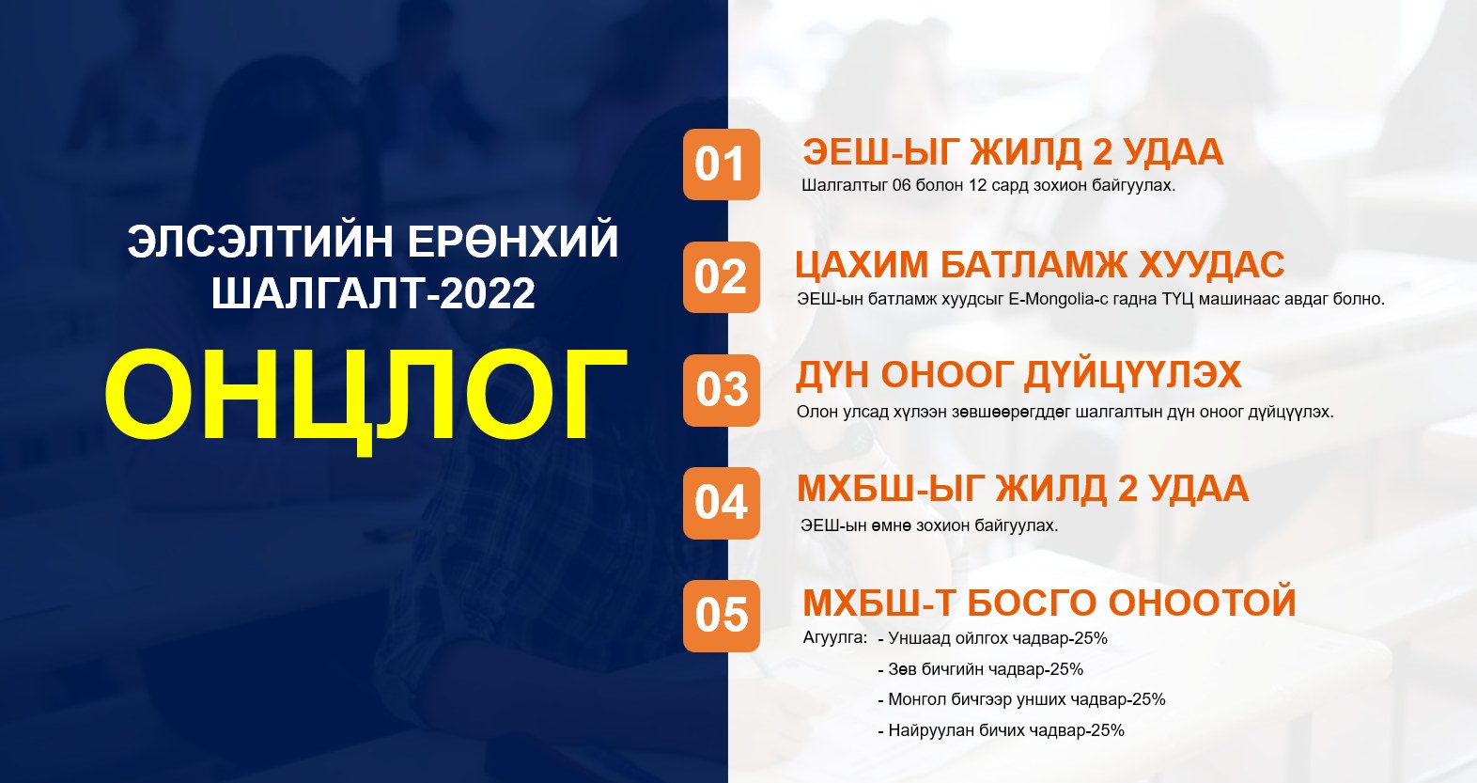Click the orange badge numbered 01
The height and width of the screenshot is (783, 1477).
click(x=722, y=164)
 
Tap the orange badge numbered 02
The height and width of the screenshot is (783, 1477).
click(x=722, y=277)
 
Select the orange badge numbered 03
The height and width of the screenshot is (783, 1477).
click(x=722, y=390)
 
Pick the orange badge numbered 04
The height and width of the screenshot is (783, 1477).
click(x=722, y=503)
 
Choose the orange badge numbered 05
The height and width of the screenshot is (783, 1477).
click(x=722, y=616)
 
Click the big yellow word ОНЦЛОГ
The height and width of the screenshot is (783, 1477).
click(x=365, y=399)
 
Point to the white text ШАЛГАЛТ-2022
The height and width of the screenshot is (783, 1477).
click(x=373, y=293)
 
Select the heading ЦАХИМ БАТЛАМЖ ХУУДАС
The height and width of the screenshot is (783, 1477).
click(x=1040, y=265)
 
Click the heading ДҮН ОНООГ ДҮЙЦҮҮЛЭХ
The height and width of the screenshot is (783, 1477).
click(x=1018, y=375)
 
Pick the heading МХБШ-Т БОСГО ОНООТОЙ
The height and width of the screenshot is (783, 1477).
click(x=1049, y=603)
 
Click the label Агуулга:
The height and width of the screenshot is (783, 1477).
click(x=834, y=638)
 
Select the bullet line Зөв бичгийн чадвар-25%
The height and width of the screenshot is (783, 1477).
click(x=981, y=669)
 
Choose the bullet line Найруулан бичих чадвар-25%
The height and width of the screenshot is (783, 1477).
click(x=1001, y=730)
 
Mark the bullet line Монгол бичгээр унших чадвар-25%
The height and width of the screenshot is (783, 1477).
click(x=1021, y=699)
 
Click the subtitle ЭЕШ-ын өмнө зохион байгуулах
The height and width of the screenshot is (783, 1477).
click(x=929, y=525)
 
